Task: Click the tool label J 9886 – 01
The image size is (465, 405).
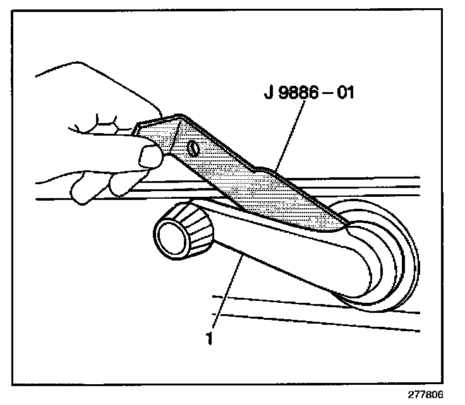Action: coord(310,93)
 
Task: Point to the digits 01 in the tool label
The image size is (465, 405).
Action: coord(346,93)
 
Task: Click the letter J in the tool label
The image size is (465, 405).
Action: coord(267,93)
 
